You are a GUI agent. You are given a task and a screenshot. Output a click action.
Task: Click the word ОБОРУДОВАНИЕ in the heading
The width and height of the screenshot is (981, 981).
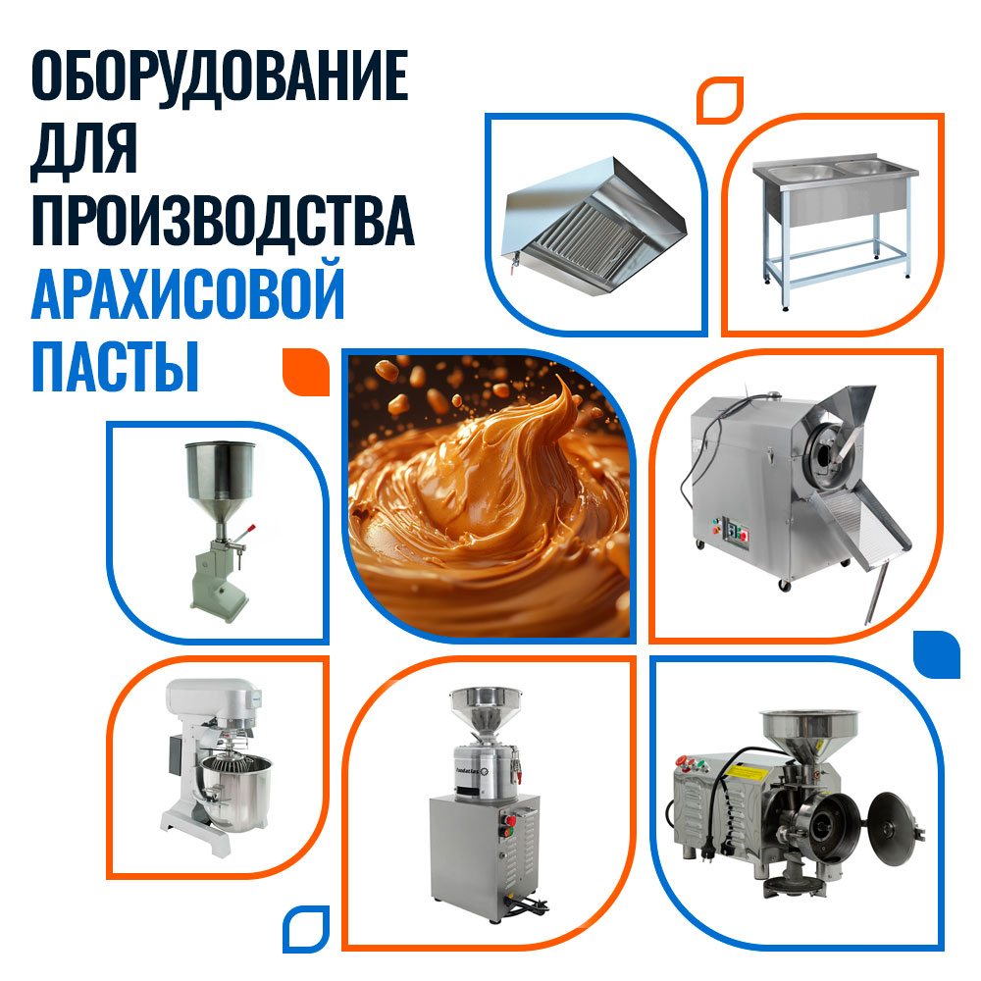tap(220, 76)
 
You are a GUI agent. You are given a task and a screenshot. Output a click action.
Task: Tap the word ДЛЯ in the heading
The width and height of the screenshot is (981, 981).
tap(83, 150)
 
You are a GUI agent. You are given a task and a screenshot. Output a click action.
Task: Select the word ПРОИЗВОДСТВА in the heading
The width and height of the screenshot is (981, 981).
tap(223, 221)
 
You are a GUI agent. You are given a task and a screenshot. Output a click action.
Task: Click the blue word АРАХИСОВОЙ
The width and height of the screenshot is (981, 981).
tap(187, 291)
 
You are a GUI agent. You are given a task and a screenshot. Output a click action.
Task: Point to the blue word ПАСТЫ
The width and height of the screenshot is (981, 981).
tap(115, 366)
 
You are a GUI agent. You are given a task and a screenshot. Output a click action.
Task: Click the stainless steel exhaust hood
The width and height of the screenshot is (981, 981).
tap(594, 226)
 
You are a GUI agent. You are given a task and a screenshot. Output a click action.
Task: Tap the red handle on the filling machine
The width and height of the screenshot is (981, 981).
tap(249, 529)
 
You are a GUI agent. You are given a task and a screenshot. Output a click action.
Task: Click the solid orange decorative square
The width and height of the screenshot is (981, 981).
tap(306, 372)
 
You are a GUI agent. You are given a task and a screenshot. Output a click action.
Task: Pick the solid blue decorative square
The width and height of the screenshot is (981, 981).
tap(937, 654)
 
